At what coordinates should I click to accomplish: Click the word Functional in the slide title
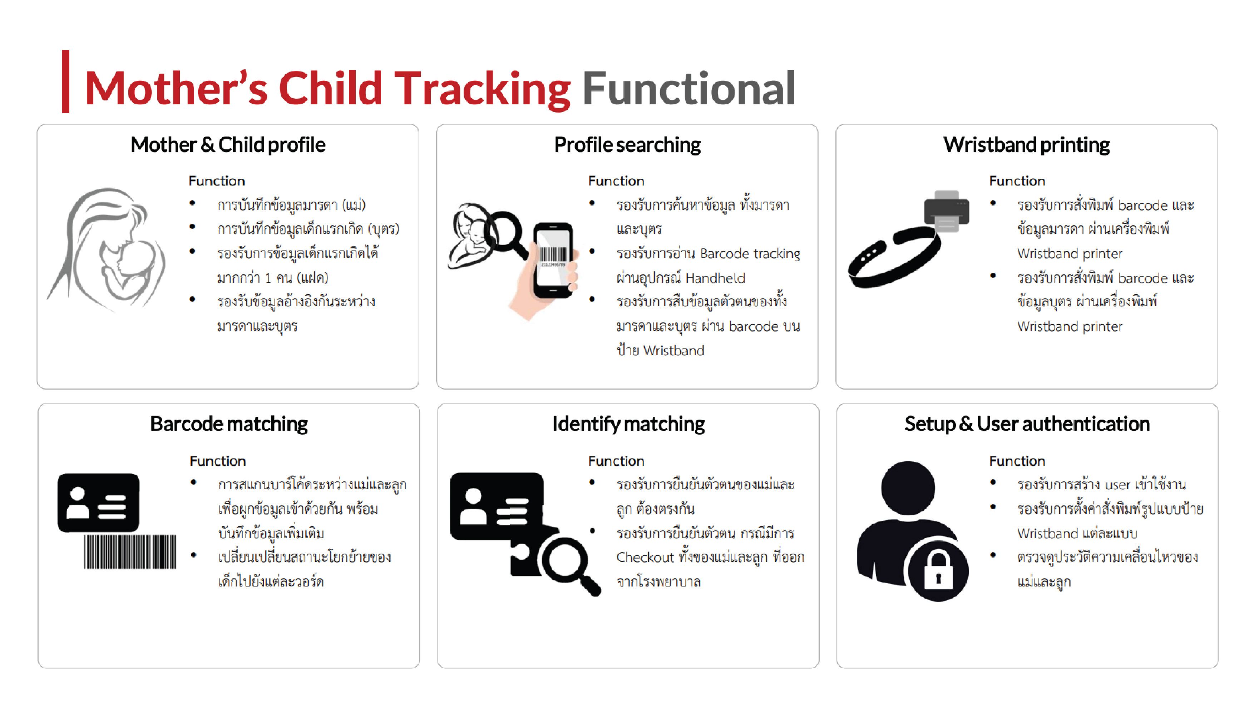(688, 88)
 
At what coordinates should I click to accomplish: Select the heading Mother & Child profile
(228, 145)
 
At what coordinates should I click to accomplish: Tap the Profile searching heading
(627, 145)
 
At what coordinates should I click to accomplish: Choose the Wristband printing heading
(1026, 145)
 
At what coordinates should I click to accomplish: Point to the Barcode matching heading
(229, 425)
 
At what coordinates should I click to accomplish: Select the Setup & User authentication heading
(1027, 424)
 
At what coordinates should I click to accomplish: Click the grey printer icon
(946, 211)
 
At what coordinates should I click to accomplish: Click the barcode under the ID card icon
(130, 552)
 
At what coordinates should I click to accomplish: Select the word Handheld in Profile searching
(715, 278)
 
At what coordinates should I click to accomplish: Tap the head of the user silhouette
(908, 488)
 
